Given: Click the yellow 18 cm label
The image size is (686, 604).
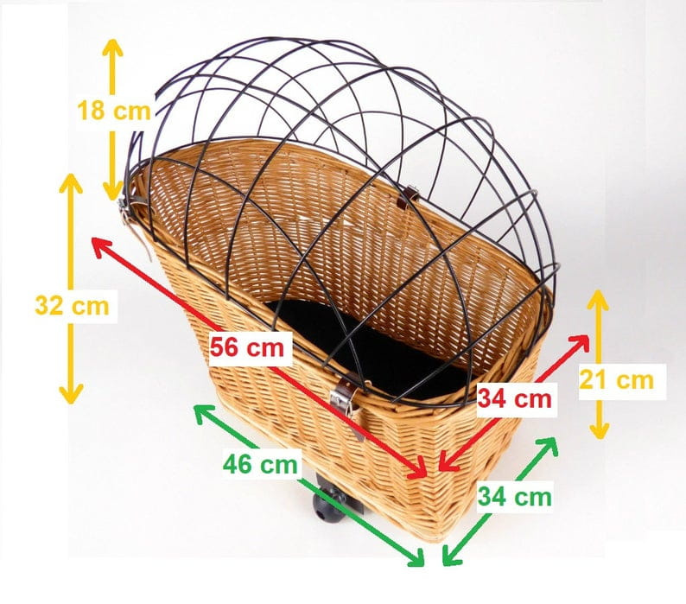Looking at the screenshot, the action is tap(114, 110).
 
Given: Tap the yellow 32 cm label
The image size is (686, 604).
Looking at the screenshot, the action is tap(73, 306).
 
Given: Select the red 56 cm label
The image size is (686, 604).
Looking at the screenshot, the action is tap(247, 348).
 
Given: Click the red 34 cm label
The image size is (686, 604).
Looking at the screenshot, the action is tap(515, 398).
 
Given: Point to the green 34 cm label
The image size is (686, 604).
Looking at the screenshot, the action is tap(515, 497).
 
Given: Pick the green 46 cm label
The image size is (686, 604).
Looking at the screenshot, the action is tap(260, 464).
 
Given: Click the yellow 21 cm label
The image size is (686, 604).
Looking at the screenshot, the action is tap(616, 380).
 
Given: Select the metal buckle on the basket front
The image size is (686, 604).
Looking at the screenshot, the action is tap(344, 401).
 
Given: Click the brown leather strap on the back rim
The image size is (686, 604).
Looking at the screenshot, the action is tap(410, 197).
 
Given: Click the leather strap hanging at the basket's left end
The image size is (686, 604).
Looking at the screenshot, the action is tap(137, 227).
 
